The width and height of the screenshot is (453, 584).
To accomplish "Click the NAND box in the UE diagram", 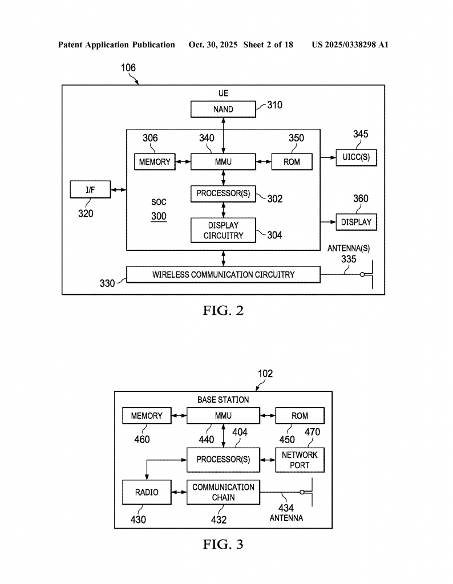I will click(x=223, y=109).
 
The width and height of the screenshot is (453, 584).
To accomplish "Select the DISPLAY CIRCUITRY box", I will click(x=223, y=230).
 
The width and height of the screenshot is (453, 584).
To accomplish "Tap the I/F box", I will click(x=90, y=190).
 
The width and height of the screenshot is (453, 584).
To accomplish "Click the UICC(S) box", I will click(x=356, y=157).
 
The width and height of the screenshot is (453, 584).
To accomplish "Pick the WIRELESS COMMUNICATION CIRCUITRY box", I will click(x=223, y=274).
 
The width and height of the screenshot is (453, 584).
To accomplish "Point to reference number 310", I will click(x=273, y=105).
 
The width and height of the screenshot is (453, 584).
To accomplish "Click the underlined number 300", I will click(x=159, y=217).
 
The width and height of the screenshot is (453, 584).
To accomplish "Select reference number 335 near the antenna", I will click(x=349, y=259).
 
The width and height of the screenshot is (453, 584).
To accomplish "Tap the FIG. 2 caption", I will click(x=223, y=311).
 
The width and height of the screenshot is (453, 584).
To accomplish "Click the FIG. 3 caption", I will click(x=223, y=544).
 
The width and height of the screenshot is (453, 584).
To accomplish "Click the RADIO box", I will click(x=147, y=492).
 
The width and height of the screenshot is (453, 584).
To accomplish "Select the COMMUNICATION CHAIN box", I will click(x=223, y=492).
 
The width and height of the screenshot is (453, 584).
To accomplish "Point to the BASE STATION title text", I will click(x=223, y=400).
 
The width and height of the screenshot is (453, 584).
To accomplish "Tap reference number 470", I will click(x=312, y=432).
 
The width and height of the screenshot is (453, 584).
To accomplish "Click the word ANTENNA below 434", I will click(x=286, y=518).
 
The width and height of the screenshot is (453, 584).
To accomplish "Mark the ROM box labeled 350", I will click(x=292, y=162).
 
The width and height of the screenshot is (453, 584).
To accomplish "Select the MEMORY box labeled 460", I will click(x=147, y=416).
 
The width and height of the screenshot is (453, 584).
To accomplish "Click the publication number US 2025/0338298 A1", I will click(x=350, y=44).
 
